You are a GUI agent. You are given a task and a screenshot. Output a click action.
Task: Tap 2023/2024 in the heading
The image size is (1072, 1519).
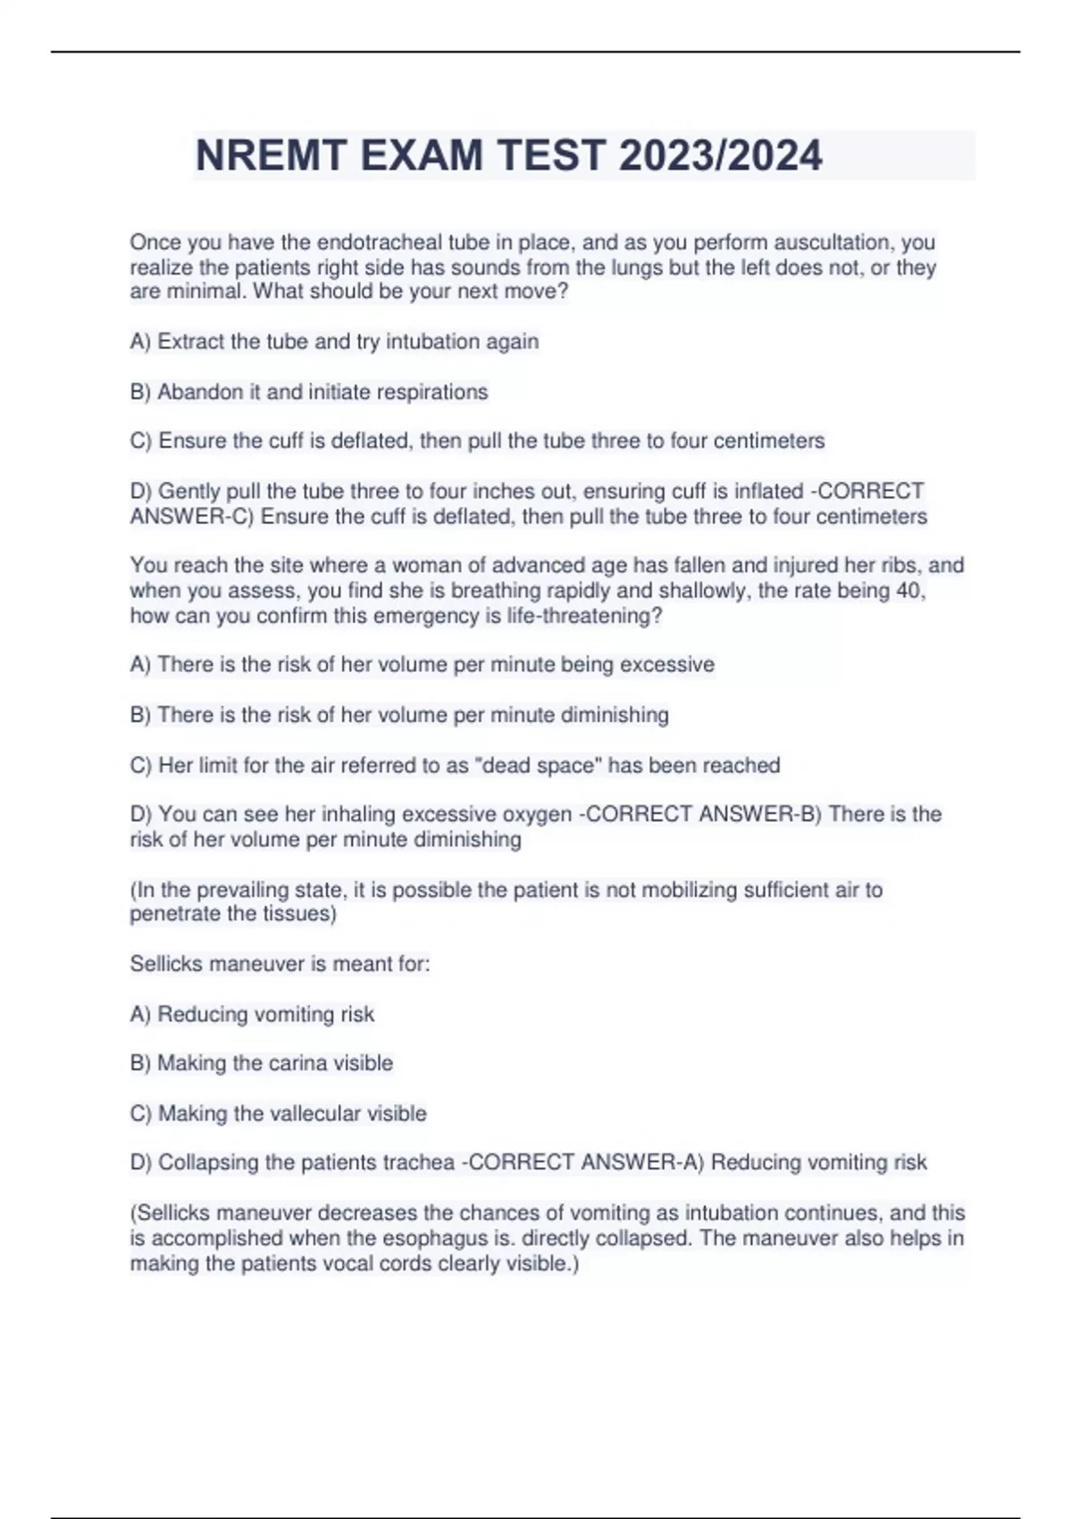720,155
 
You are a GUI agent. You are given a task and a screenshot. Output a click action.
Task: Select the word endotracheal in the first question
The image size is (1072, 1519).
379,242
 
